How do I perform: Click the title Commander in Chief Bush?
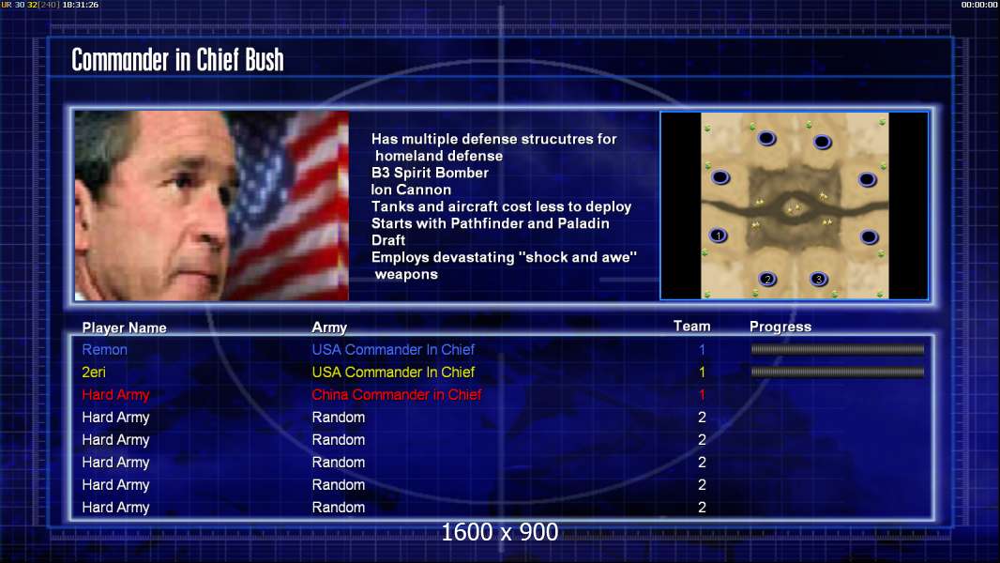point(177,60)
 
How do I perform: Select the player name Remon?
point(104,350)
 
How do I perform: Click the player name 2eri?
point(94,373)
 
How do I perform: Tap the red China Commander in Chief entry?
point(396,395)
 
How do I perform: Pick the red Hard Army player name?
point(115,395)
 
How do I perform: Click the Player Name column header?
point(125,327)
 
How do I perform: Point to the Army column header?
point(329,327)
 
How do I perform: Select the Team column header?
point(692,327)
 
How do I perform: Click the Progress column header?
point(780,327)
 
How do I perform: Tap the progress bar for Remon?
point(838,349)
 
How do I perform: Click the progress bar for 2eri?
point(838,372)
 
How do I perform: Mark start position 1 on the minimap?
point(719,236)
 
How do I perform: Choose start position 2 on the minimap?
point(768,280)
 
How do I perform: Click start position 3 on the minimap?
point(819,280)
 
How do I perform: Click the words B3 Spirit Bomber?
point(430,173)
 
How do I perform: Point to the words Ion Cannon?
point(412,190)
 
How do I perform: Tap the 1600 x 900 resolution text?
point(500,532)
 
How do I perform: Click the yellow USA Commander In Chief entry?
point(393,373)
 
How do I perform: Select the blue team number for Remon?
point(703,350)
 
